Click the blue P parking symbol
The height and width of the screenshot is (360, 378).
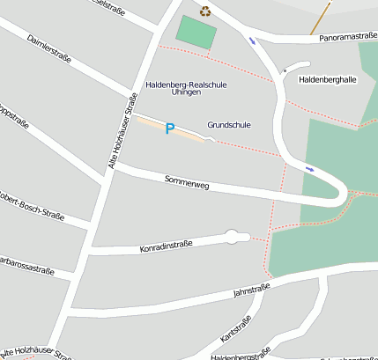click(x=170, y=129)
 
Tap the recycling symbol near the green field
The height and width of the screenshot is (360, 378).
click(x=205, y=11)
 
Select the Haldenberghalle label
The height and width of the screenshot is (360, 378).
click(x=328, y=79)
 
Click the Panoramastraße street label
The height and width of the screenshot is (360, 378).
click(x=348, y=38)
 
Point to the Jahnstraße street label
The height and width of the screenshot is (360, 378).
click(x=251, y=290)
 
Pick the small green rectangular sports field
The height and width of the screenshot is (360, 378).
click(x=196, y=33)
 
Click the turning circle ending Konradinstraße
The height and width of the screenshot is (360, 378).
click(x=233, y=235)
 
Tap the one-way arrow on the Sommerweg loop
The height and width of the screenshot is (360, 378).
click(x=309, y=168)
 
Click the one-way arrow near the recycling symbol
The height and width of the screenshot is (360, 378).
click(x=254, y=40)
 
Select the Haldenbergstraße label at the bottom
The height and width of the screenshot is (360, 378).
click(x=239, y=356)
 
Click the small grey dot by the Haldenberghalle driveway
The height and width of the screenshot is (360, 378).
click(x=285, y=70)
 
